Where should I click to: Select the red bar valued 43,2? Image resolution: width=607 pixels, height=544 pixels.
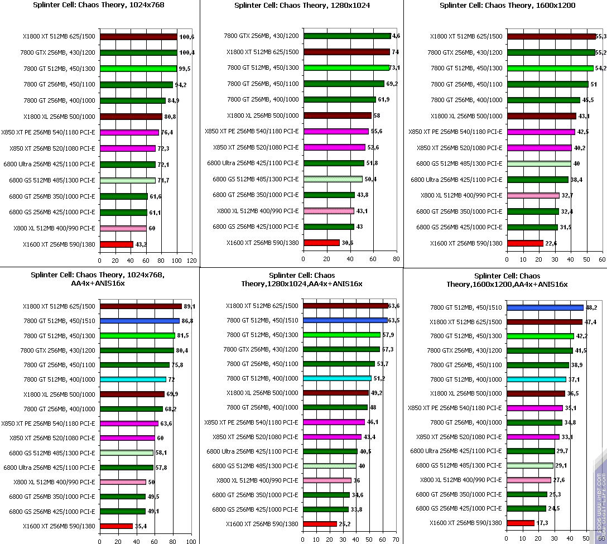point(117,244)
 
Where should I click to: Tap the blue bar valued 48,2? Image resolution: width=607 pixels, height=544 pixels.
point(544,307)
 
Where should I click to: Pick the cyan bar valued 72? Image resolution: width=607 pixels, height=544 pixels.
point(133,379)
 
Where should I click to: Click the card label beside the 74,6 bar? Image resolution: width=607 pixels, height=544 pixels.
point(261,36)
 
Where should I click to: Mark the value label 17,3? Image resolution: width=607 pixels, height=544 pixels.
point(542,523)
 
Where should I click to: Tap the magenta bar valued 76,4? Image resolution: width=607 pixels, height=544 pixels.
point(129,133)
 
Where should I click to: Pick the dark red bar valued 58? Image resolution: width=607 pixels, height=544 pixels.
point(337,115)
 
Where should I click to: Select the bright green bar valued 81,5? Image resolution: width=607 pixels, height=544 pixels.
point(137,336)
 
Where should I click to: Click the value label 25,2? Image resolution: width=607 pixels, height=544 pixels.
point(345,524)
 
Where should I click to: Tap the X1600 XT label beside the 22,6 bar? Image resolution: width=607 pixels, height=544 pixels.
point(466,243)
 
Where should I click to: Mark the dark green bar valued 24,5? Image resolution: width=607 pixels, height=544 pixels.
point(526,508)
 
